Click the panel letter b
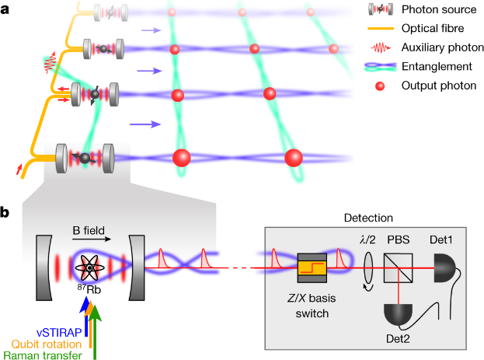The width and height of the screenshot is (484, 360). coord(7,210)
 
